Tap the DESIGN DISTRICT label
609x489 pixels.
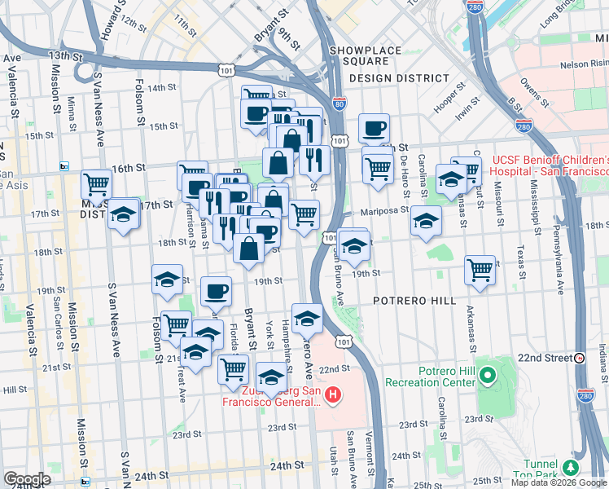[x=399, y=78]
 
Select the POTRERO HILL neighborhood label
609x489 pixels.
[x=414, y=301]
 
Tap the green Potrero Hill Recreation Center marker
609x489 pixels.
[x=488, y=377]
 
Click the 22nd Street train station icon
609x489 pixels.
[x=579, y=358]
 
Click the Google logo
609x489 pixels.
[x=27, y=479]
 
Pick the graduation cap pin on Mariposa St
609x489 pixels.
[x=425, y=220]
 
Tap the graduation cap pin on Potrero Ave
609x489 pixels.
[x=307, y=317]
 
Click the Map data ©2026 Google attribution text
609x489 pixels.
[x=558, y=482]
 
